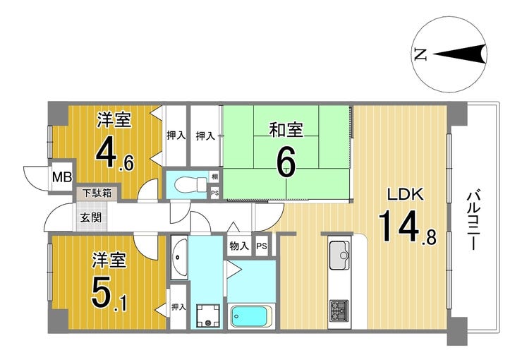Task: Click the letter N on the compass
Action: pyautogui.click(x=420, y=54)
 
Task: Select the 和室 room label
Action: pyautogui.click(x=286, y=130)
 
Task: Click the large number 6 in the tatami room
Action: pyautogui.click(x=286, y=162)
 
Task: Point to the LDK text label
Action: pyautogui.click(x=401, y=196)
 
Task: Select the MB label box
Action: pyautogui.click(x=61, y=176)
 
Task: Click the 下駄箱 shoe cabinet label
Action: pyautogui.click(x=97, y=191)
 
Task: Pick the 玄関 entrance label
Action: pyautogui.click(x=90, y=217)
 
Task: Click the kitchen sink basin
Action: pyautogui.click(x=339, y=252)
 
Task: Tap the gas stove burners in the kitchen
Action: pyautogui.click(x=339, y=310)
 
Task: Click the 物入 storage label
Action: pyautogui.click(x=238, y=246)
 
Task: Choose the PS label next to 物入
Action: pyautogui.click(x=262, y=246)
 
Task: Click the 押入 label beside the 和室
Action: pyautogui.click(x=205, y=136)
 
